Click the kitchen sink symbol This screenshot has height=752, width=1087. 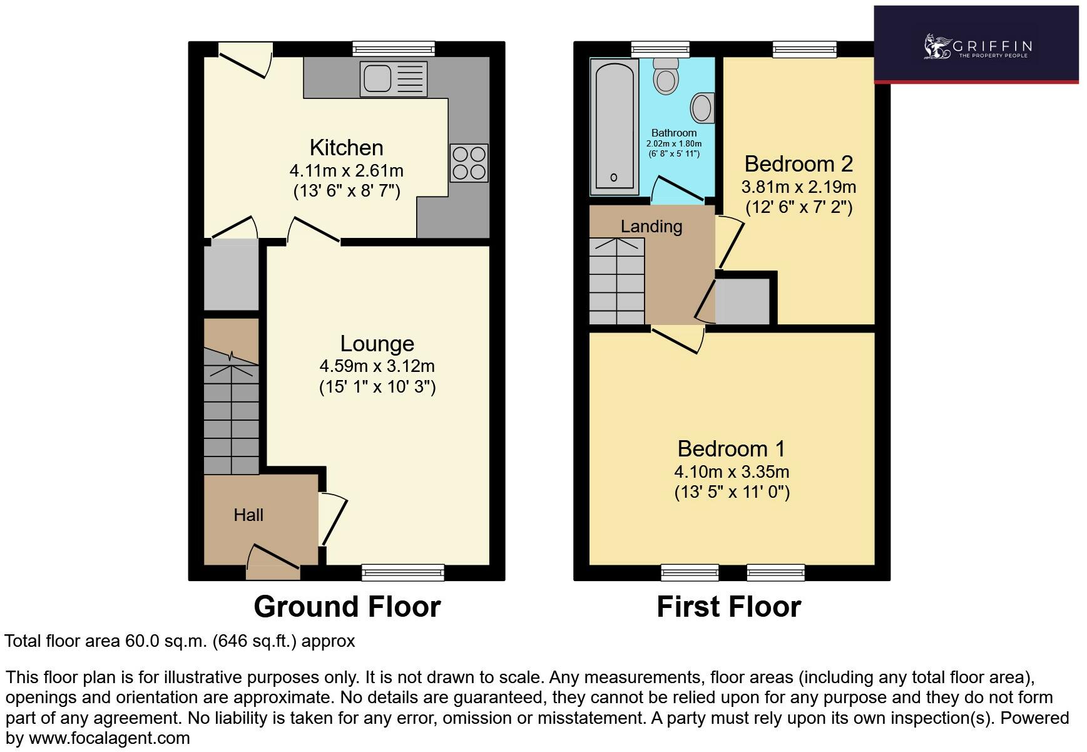pyautogui.click(x=393, y=78)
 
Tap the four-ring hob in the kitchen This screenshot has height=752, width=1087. pyautogui.click(x=469, y=163)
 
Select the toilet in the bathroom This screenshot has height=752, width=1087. pyautogui.click(x=665, y=76)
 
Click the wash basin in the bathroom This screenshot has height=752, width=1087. pyautogui.click(x=703, y=108)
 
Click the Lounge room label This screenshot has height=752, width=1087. pyautogui.click(x=377, y=344)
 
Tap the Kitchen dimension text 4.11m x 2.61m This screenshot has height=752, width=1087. pyautogui.click(x=346, y=170)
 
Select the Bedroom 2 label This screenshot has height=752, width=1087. pyautogui.click(x=799, y=164)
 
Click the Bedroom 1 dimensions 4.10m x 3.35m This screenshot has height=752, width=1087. pyautogui.click(x=732, y=471)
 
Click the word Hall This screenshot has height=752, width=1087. pyautogui.click(x=248, y=515)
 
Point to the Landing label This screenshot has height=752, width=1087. pyautogui.click(x=651, y=227)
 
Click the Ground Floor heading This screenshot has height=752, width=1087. pyautogui.click(x=347, y=607)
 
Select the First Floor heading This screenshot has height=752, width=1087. pyautogui.click(x=728, y=607)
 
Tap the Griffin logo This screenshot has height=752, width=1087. pyautogui.click(x=976, y=47)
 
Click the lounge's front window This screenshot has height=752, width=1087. pyautogui.click(x=403, y=571)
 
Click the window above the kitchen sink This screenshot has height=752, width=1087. pyautogui.click(x=393, y=49)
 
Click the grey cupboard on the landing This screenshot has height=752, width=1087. pyautogui.click(x=742, y=302)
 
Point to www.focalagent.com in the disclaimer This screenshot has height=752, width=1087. pyautogui.click(x=109, y=738)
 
